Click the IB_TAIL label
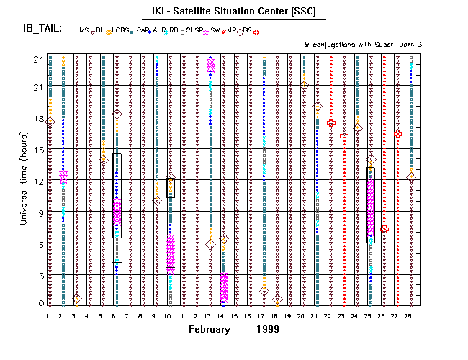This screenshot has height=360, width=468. [42, 29]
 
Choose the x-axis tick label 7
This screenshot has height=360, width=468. [127, 315]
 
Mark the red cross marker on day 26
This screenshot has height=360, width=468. [384, 229]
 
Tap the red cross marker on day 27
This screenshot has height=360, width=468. [398, 134]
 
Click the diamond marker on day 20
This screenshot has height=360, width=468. [304, 86]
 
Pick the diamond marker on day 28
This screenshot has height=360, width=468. [411, 177]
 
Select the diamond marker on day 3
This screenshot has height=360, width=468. [76, 299]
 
